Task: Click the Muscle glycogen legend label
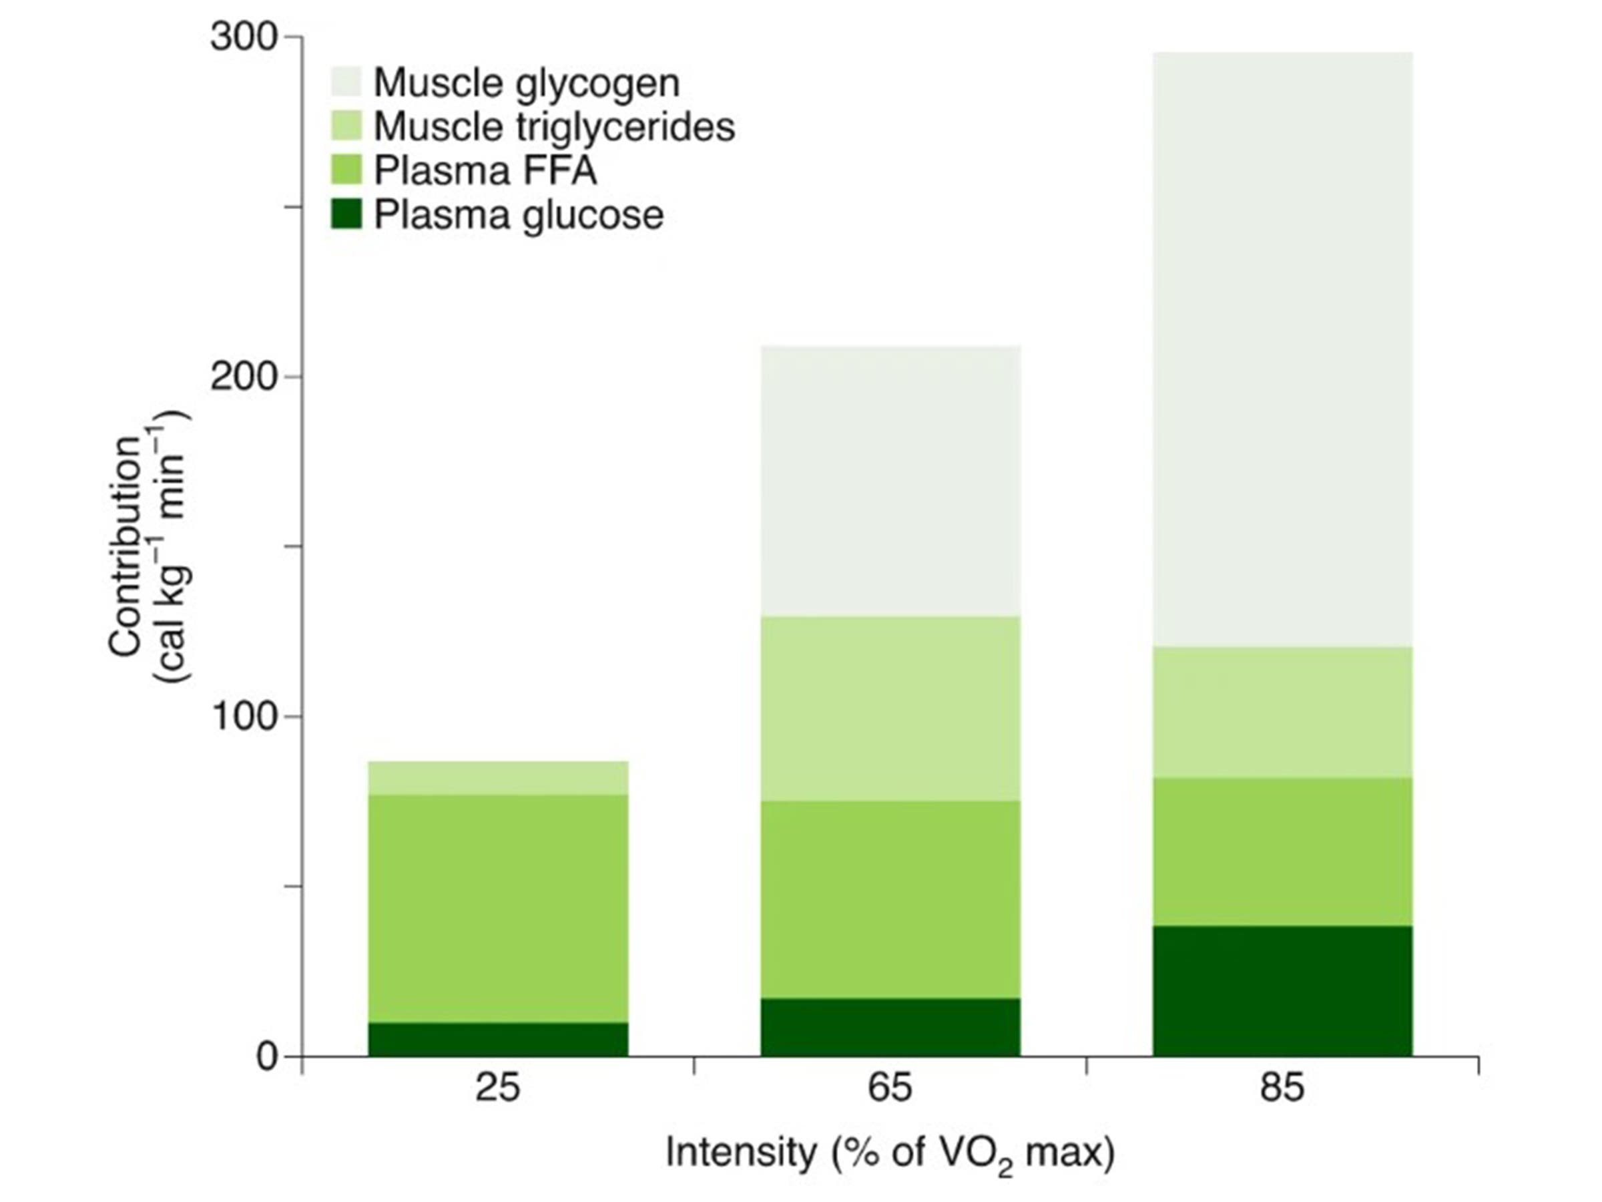click(x=527, y=83)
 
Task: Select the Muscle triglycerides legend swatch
click(x=346, y=127)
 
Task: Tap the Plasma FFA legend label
click(x=485, y=171)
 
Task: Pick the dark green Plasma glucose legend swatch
click(x=346, y=215)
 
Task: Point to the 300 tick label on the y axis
click(x=244, y=37)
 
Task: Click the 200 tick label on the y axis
click(x=244, y=377)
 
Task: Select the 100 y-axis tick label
click(x=244, y=717)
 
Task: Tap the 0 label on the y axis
click(x=267, y=1057)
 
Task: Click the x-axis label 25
click(x=497, y=1088)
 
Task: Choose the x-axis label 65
click(x=889, y=1088)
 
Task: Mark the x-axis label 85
click(x=1281, y=1088)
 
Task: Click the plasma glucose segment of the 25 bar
click(x=497, y=1039)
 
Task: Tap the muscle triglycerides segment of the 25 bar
click(x=497, y=777)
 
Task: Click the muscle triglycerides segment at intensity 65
click(x=889, y=708)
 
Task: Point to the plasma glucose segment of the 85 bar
click(x=1282, y=990)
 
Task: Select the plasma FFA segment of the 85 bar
click(x=1282, y=851)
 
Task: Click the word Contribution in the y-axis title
click(x=125, y=547)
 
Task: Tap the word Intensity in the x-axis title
click(x=740, y=1152)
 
